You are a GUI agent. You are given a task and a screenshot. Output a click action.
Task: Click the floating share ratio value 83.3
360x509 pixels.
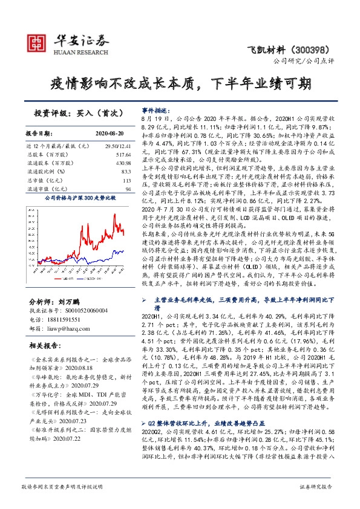126,172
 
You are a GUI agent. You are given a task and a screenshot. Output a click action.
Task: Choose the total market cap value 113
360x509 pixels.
127,181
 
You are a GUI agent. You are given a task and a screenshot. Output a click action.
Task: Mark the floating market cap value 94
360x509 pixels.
128,189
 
